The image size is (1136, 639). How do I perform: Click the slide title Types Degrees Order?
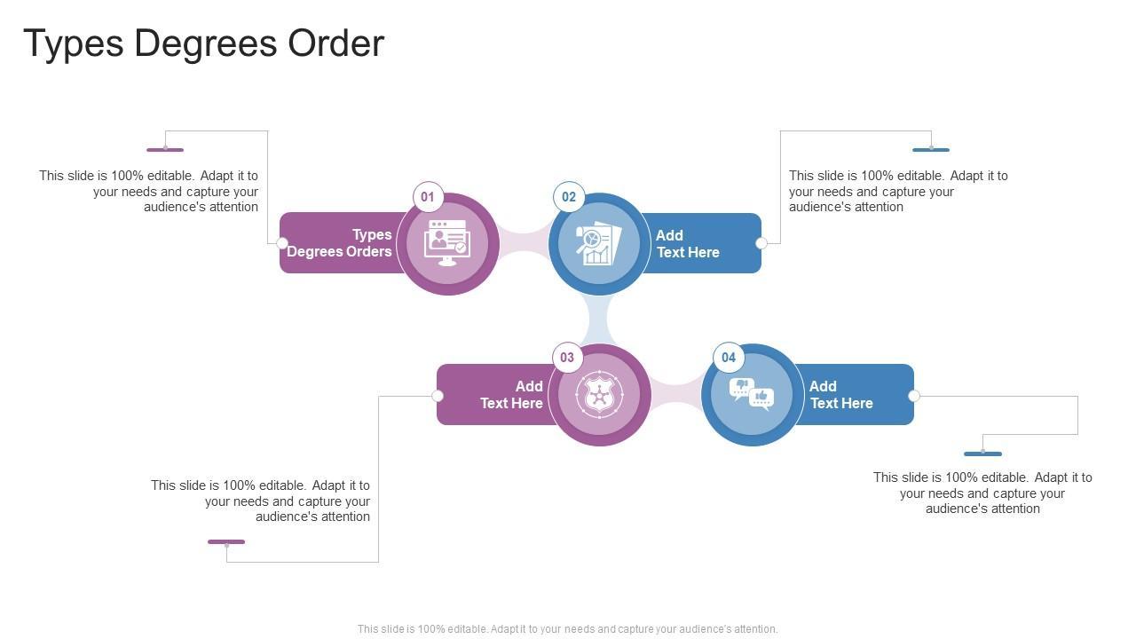(x=203, y=43)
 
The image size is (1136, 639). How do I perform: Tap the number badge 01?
(x=428, y=197)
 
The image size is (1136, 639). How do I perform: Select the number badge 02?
(x=569, y=197)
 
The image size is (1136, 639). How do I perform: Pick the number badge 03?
(x=567, y=358)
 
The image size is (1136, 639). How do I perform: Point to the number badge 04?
(x=729, y=358)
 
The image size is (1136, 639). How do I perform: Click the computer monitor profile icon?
(x=447, y=243)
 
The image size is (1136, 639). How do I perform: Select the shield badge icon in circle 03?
(x=600, y=395)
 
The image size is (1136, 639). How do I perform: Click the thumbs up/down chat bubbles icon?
(x=752, y=394)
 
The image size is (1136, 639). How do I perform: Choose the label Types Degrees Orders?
(x=340, y=243)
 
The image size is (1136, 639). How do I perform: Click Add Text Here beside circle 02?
(x=688, y=244)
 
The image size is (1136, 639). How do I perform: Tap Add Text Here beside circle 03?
(x=512, y=395)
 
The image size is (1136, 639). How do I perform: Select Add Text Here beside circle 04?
(x=841, y=395)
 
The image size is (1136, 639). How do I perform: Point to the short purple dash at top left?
(x=165, y=150)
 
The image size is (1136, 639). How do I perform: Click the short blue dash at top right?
(x=931, y=150)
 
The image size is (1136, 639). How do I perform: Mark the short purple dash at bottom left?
(x=226, y=541)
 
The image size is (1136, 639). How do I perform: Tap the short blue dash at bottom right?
(x=982, y=454)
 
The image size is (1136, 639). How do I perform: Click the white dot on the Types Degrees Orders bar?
(x=282, y=243)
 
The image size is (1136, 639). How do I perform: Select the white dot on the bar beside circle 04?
(x=914, y=396)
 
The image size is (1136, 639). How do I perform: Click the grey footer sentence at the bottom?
(x=568, y=629)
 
